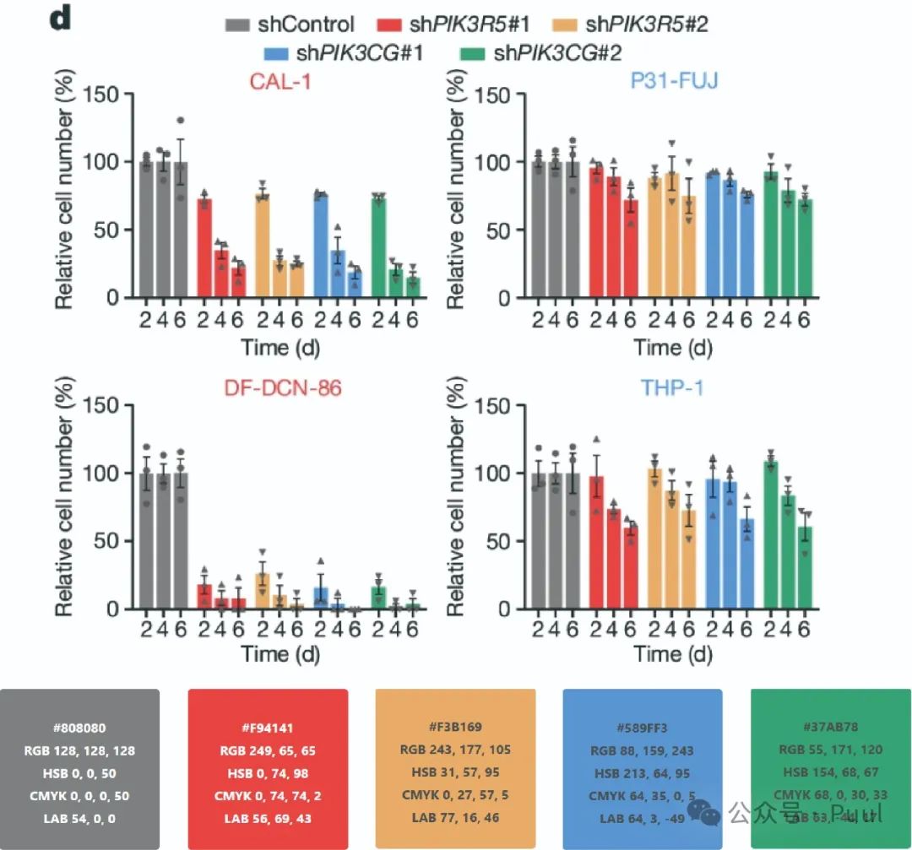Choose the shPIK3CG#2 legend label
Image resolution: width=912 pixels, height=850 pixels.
[558, 53]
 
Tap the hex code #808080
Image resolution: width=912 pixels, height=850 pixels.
[79, 728]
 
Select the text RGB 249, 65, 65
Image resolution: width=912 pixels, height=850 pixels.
[268, 750]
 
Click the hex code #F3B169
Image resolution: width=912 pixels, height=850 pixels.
[455, 728]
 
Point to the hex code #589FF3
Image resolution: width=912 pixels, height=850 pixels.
[643, 728]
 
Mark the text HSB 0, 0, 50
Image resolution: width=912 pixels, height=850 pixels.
[79, 773]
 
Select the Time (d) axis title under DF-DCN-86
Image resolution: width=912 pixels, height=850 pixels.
[280, 654]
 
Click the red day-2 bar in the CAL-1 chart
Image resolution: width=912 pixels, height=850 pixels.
[204, 248]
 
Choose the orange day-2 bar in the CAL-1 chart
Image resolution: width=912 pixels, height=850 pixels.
[263, 246]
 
